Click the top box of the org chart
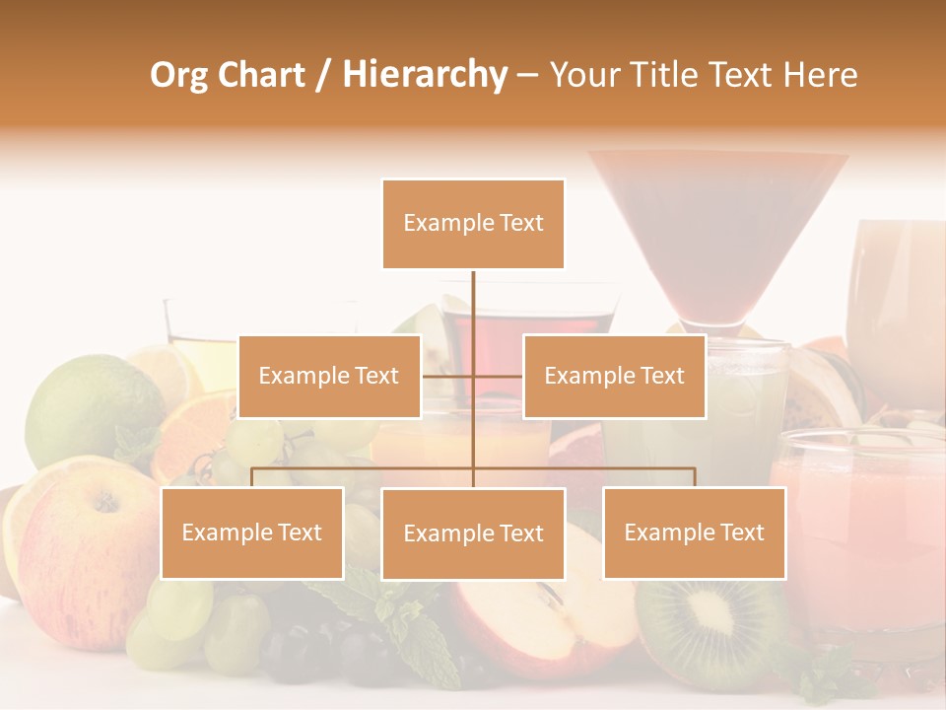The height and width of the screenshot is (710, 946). point(473,224)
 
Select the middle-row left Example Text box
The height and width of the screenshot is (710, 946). point(329,376)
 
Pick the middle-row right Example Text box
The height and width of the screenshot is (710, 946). point(614,376)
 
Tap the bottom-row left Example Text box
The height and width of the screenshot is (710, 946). point(252,532)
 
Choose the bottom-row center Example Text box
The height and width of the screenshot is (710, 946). point(473,533)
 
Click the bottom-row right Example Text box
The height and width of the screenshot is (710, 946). point(694,532)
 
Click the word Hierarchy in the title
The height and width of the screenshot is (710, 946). point(425,74)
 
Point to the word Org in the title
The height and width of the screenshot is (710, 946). point(178,75)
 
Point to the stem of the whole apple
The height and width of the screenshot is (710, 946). point(102,503)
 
